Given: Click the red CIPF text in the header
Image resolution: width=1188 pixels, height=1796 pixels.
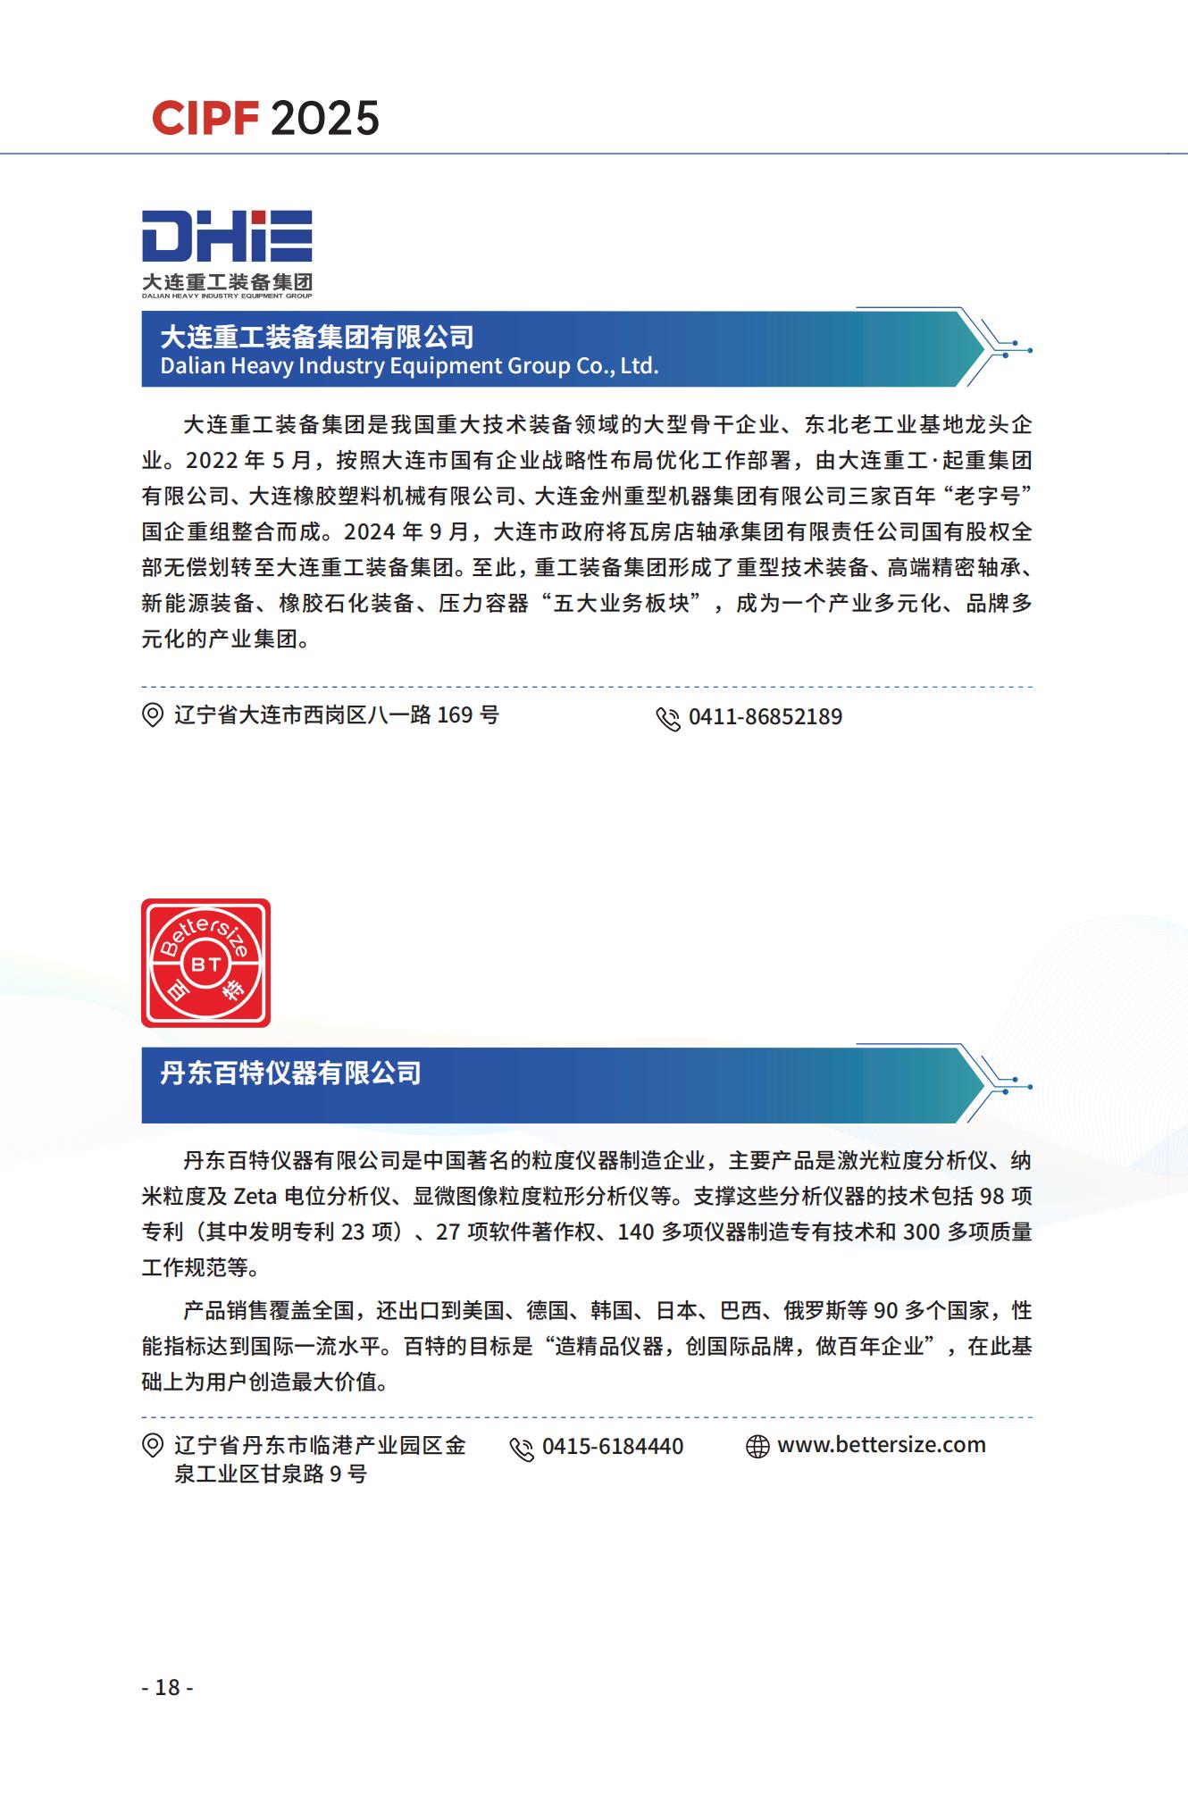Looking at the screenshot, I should (205, 119).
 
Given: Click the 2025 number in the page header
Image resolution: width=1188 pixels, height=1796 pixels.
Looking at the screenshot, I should (324, 119).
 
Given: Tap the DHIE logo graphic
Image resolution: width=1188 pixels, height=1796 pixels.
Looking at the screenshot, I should (227, 253).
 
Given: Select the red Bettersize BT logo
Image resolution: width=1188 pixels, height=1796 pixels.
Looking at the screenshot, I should (206, 963).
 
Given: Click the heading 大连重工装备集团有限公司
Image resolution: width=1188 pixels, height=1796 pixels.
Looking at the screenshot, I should (317, 337).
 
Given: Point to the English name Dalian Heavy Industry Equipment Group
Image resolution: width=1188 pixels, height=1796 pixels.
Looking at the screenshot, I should (409, 366).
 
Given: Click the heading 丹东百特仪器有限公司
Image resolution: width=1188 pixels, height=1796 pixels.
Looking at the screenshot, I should (290, 1073).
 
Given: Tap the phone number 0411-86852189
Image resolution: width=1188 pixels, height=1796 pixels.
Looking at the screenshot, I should (766, 717).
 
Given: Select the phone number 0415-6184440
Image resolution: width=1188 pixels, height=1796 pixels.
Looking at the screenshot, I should (613, 1447).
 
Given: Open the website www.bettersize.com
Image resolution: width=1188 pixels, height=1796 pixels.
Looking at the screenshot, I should (882, 1445).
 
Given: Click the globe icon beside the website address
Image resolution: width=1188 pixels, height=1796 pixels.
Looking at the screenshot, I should (757, 1447).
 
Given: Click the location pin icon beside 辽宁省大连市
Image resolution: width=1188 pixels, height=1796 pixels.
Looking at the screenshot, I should (153, 715).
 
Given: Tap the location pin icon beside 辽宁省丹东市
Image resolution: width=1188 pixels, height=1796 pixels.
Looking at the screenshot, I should (153, 1446).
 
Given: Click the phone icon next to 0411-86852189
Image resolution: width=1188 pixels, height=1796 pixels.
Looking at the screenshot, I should (668, 719).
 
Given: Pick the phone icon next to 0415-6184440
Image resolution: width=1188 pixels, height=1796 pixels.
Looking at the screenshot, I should (522, 1449).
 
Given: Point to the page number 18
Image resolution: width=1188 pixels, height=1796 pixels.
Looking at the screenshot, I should (167, 1687).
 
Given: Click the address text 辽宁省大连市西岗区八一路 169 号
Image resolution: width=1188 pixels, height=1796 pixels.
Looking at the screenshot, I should (337, 715).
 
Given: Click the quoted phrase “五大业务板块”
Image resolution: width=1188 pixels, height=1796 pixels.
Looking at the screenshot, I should (622, 604).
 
